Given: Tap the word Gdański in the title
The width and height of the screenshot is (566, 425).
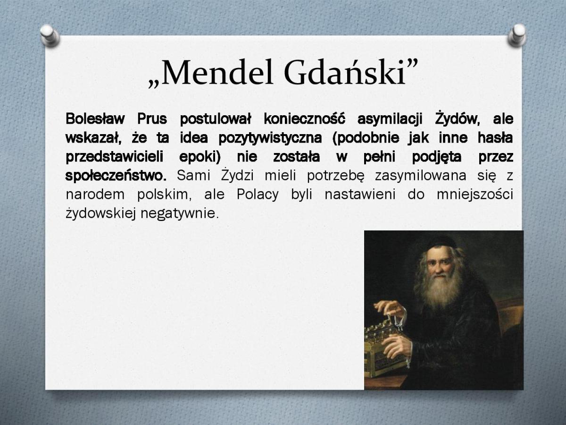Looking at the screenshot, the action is [x=345, y=73].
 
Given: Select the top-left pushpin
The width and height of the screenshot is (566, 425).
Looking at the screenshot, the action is [x=50, y=35].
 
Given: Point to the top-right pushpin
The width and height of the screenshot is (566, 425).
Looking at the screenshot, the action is [x=517, y=35].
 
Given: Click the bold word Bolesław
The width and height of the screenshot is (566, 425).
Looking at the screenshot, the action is [x=95, y=119].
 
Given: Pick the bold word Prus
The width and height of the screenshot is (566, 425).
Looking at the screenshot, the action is [x=152, y=119].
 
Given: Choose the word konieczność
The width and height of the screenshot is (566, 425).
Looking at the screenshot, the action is [x=305, y=119].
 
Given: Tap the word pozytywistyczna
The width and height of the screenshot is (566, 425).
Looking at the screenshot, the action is [x=270, y=138].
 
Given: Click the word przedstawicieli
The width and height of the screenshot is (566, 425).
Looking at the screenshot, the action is [x=114, y=157].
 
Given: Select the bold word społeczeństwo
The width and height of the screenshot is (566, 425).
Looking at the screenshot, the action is [x=116, y=176].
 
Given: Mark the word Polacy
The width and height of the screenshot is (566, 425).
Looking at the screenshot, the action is [x=258, y=195].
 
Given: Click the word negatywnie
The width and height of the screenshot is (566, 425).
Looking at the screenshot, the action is [x=180, y=213].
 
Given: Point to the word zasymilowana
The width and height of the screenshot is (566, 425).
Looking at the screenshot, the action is [x=421, y=176].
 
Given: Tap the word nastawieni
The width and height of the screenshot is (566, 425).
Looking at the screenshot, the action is [x=360, y=195].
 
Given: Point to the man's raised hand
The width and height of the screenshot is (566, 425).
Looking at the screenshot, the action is [x=390, y=309].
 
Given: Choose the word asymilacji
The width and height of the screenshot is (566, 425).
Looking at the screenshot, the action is [x=390, y=119].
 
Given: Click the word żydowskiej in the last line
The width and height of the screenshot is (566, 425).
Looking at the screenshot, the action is [x=100, y=213].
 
